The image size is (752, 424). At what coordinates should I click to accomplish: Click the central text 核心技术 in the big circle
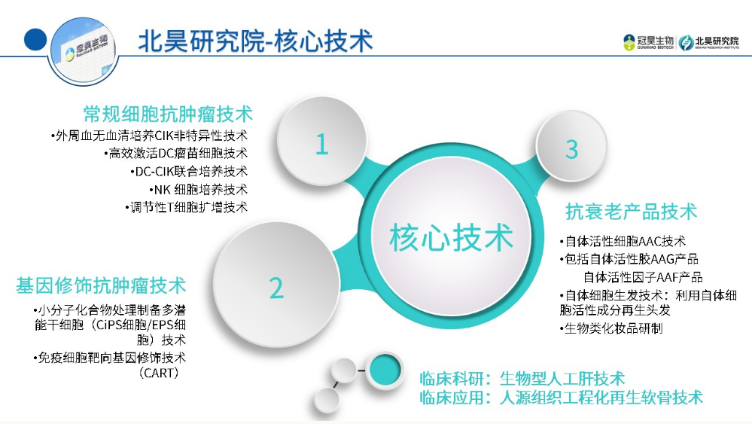coord(452,237)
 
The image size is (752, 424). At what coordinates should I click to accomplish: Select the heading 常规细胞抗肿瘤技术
coord(168,114)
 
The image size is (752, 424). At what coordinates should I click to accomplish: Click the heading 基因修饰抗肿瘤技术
coord(101,285)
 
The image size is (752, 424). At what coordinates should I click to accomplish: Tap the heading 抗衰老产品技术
coord(631,212)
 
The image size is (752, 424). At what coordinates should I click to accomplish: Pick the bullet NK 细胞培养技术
coord(198,190)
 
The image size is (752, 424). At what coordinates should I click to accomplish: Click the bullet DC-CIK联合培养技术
coord(189,171)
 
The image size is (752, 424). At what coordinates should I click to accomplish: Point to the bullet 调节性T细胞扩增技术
coord(187,207)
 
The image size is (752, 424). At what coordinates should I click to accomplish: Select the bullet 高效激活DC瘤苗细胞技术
coord(176,154)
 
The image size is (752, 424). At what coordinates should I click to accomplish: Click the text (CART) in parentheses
coord(159,373)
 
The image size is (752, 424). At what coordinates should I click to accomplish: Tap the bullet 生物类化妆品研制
coord(611,328)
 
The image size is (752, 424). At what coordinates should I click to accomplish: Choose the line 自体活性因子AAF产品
coord(643,277)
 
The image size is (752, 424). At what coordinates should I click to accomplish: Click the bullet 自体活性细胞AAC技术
coord(623,241)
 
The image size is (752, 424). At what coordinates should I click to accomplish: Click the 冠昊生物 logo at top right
coord(648,42)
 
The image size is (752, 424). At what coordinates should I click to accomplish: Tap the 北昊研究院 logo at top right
coord(709,42)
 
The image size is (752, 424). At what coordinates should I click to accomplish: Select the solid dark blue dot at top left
coord(35,39)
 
